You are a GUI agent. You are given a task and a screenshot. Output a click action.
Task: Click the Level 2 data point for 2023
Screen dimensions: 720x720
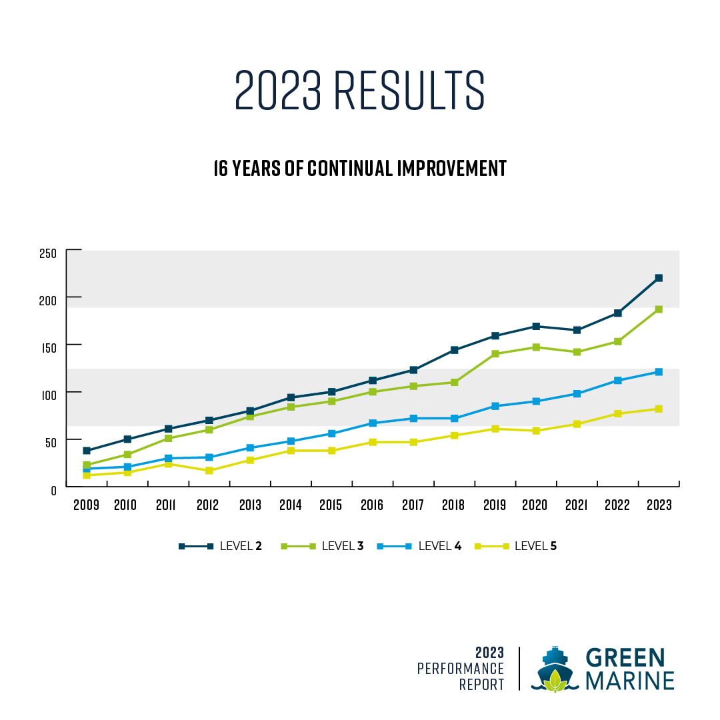coord(659,278)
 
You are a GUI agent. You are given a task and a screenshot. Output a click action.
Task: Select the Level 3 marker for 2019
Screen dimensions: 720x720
coord(495,354)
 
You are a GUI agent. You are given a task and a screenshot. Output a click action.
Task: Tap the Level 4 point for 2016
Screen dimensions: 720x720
coord(372,423)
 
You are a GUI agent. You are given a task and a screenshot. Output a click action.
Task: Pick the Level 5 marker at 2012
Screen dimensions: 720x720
coord(209,471)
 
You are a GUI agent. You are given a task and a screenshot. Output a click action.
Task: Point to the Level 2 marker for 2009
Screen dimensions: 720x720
coord(87,451)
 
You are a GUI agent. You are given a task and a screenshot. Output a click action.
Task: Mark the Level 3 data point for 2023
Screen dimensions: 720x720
coord(659,309)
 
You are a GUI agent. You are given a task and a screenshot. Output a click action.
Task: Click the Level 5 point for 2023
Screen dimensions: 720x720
coord(659,409)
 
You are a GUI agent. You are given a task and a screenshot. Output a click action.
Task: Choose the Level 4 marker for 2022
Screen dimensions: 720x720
coord(617,381)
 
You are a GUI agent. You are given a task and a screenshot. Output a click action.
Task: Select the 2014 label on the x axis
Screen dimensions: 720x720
coord(290,505)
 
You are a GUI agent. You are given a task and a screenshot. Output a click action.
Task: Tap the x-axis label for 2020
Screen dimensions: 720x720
coord(535,505)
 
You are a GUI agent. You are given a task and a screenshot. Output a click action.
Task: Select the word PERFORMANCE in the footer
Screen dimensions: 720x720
coord(461,668)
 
